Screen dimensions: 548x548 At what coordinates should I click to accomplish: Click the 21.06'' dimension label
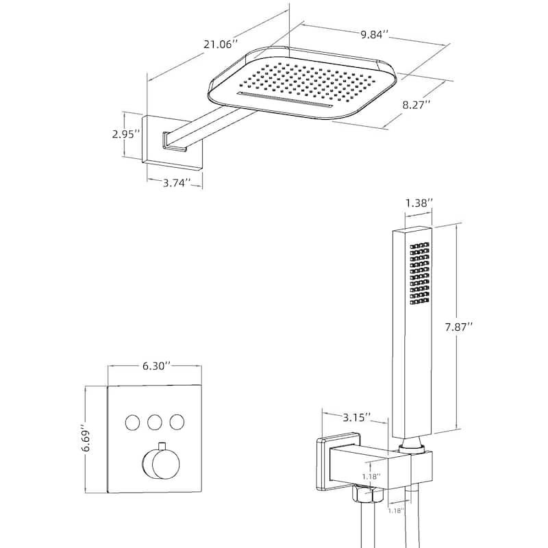click(220, 44)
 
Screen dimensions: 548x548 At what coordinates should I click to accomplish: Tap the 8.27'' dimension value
click(416, 105)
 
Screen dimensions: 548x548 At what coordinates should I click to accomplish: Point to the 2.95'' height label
click(127, 134)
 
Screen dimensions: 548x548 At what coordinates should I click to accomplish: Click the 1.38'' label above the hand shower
click(419, 203)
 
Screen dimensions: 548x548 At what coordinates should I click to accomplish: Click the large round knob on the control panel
click(162, 464)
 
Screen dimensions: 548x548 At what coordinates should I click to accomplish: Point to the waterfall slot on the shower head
click(285, 99)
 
